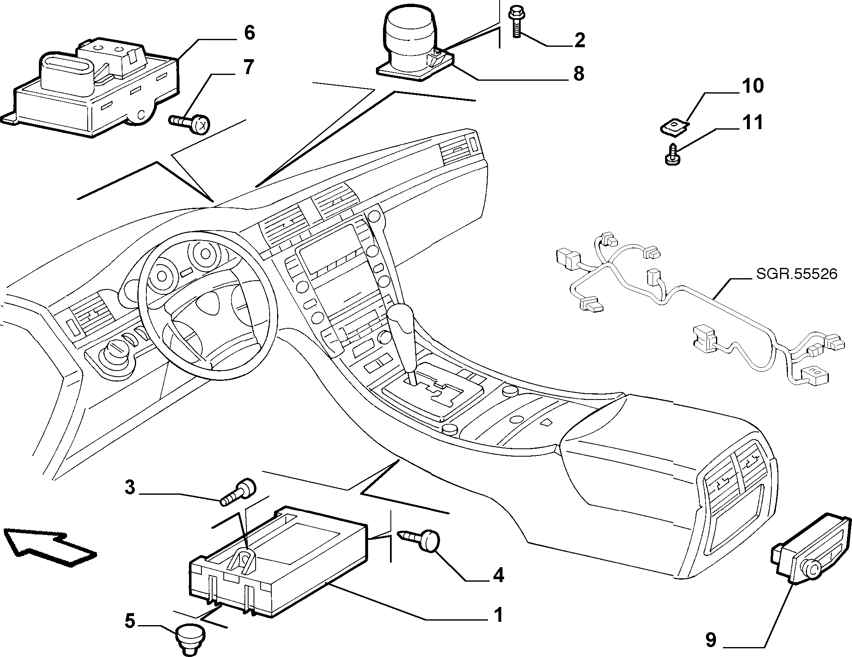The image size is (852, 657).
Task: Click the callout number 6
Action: pos(249,32)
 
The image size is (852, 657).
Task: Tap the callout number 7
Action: pos(248,67)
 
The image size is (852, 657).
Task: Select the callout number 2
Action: pos(579,41)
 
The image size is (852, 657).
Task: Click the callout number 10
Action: pos(752,86)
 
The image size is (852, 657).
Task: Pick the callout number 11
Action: pos(751,123)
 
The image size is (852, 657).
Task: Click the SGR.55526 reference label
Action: pos(797,274)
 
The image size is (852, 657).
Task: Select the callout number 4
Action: pos(498,575)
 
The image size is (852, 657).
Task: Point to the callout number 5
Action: pos(130,621)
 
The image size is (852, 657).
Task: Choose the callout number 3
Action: pos(130,488)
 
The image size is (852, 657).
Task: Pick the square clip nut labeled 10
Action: pos(673,125)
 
